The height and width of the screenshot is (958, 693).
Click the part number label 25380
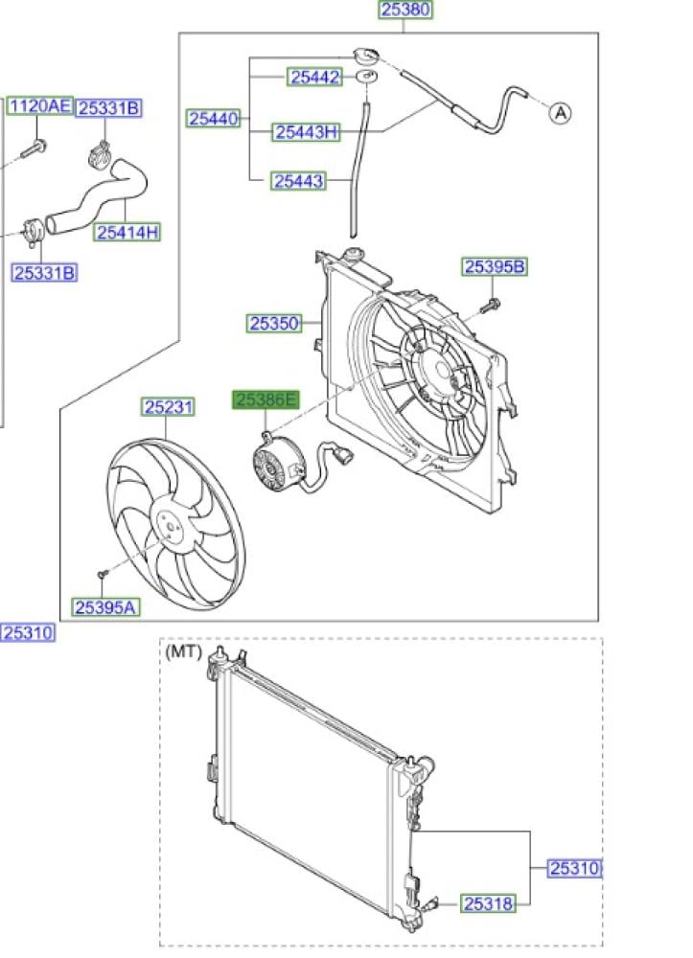(405, 10)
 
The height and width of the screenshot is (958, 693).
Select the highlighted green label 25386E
(266, 400)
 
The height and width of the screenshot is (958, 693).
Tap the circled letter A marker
(560, 113)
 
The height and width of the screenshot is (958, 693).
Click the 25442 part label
(314, 78)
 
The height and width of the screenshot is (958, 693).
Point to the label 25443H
(306, 132)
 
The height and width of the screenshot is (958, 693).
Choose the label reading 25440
(214, 119)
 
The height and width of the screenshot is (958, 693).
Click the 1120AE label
(40, 106)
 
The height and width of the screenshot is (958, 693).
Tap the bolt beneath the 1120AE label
(35, 148)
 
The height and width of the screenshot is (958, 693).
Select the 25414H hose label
(127, 232)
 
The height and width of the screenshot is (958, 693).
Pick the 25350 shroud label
(274, 323)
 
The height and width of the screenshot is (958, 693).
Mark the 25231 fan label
(168, 407)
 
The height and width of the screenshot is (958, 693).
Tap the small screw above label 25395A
(103, 574)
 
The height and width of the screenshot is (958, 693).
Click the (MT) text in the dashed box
(183, 652)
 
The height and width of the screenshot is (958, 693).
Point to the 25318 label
(488, 903)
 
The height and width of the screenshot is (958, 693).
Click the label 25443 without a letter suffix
(298, 181)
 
